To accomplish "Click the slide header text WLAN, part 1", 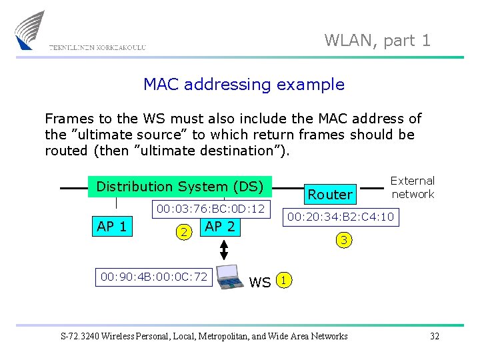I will (x=377, y=41).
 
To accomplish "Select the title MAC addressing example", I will (x=244, y=85).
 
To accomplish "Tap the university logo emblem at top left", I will (x=31, y=30).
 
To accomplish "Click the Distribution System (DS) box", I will (x=180, y=187).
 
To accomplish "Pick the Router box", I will (x=329, y=194).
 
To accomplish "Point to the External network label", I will (x=412, y=187).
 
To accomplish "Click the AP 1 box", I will (x=112, y=227).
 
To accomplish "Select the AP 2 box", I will (x=220, y=227).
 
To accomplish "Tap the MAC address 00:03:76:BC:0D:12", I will (x=211, y=209).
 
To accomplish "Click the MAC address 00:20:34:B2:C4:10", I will (x=340, y=217).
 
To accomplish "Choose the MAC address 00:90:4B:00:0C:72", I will (x=154, y=276).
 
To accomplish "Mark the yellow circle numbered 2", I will (x=183, y=231).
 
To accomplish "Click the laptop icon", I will (x=231, y=277).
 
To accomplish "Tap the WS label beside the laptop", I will (x=260, y=283).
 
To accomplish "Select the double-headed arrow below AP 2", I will (x=225, y=249).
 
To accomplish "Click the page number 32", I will (x=435, y=336).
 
